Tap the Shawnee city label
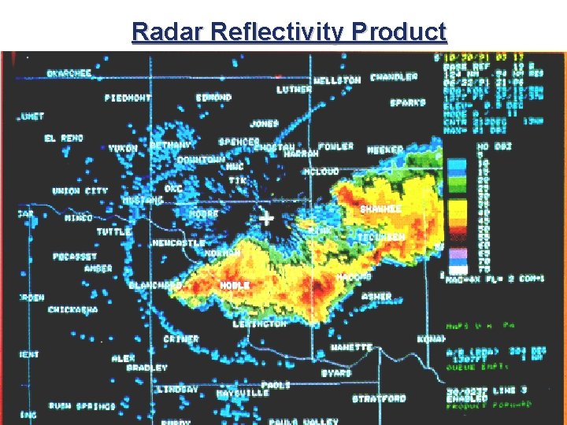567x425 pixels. (x=380, y=209)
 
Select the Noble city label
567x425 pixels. (x=235, y=285)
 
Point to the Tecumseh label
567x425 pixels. (x=381, y=237)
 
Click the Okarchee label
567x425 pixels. (x=69, y=73)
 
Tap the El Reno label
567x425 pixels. (x=63, y=139)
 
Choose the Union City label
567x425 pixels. (x=80, y=191)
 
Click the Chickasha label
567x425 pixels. (x=73, y=310)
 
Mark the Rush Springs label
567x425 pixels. (x=81, y=406)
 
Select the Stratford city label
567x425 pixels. (x=378, y=398)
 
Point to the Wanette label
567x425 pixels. (x=351, y=347)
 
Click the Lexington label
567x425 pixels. (x=260, y=323)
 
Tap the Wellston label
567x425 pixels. (x=337, y=80)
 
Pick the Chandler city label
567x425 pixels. (x=394, y=77)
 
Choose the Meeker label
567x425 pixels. (x=384, y=150)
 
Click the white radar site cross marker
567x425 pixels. (x=267, y=218)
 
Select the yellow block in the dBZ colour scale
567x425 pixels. (x=457, y=207)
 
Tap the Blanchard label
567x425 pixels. (x=155, y=285)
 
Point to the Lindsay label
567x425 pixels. (x=177, y=390)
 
